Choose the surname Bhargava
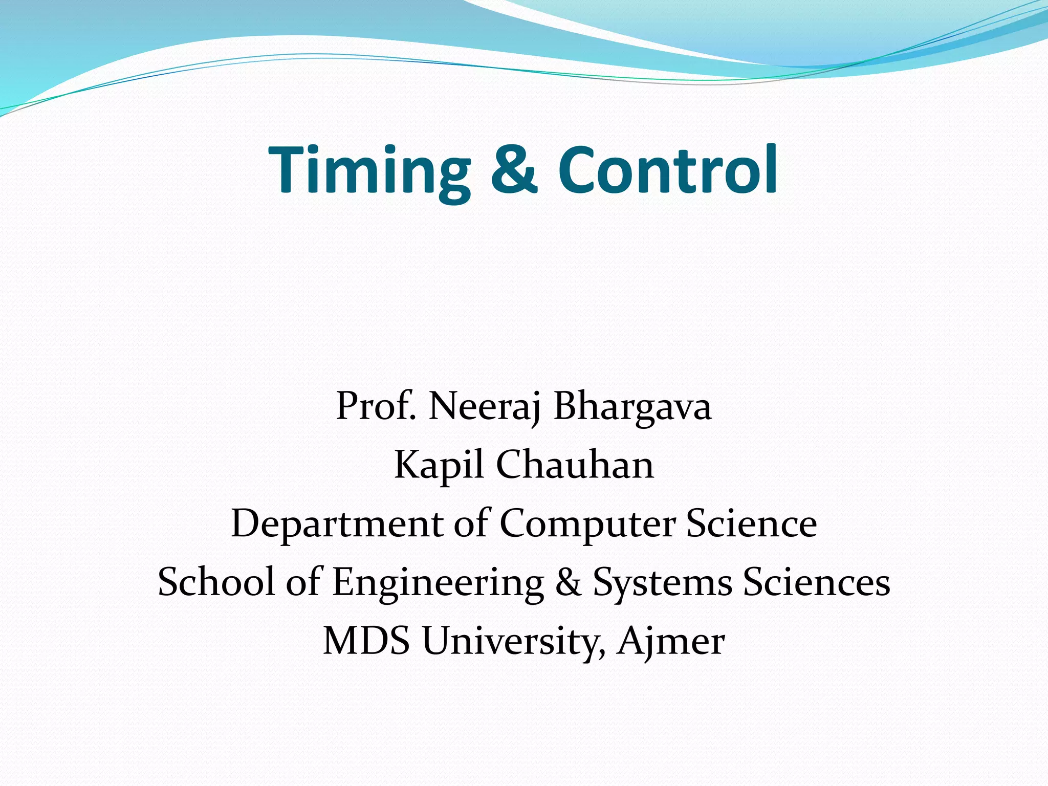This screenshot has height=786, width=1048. click(x=632, y=406)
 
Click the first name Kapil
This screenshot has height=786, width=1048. click(x=439, y=465)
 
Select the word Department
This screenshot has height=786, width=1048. click(x=337, y=524)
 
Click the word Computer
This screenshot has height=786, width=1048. click(x=587, y=524)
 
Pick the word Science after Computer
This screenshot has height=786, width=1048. click(x=751, y=524)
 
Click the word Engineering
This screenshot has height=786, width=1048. click(x=438, y=583)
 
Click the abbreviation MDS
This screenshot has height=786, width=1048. click(x=366, y=641)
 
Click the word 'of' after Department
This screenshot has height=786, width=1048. click(x=470, y=524)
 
